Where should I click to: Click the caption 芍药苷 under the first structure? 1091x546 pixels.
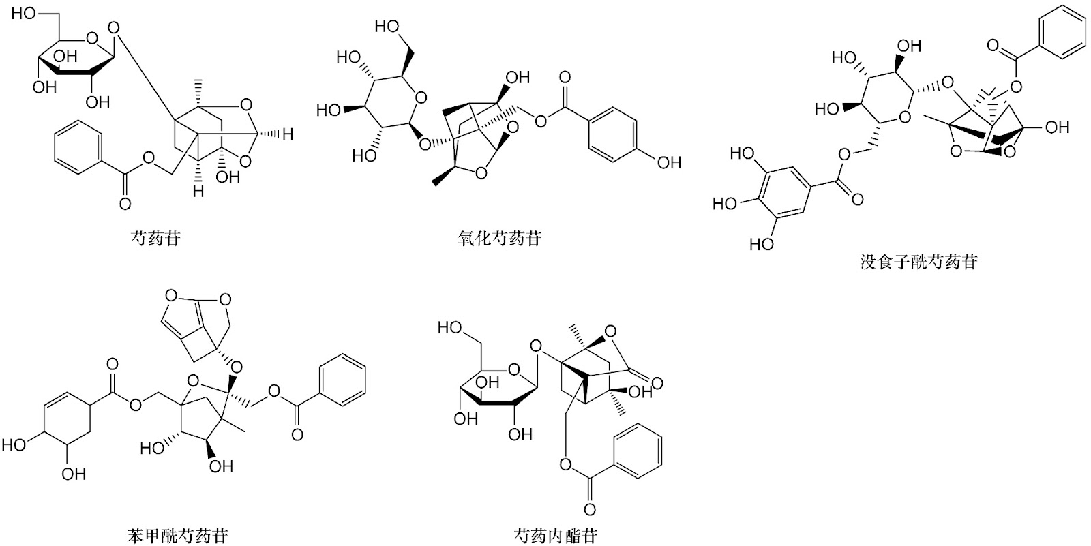[156, 238]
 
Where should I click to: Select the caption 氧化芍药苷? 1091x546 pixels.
[500, 238]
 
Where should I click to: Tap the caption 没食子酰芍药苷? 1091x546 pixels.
[918, 262]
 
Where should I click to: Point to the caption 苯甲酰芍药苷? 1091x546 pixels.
[177, 536]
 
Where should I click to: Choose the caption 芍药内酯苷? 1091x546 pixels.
[556, 536]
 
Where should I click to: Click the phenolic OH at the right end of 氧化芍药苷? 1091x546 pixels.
[669, 163]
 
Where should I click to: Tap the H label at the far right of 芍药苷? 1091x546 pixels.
[287, 134]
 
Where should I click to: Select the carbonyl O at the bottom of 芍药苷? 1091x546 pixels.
[125, 204]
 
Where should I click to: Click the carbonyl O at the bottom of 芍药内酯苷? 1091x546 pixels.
[590, 510]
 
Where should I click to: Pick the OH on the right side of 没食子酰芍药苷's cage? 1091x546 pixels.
[1058, 127]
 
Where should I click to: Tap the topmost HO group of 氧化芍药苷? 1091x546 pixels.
[387, 27]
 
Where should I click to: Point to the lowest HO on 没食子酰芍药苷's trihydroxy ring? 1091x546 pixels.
[761, 243]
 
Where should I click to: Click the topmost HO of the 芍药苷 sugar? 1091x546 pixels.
[24, 13]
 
